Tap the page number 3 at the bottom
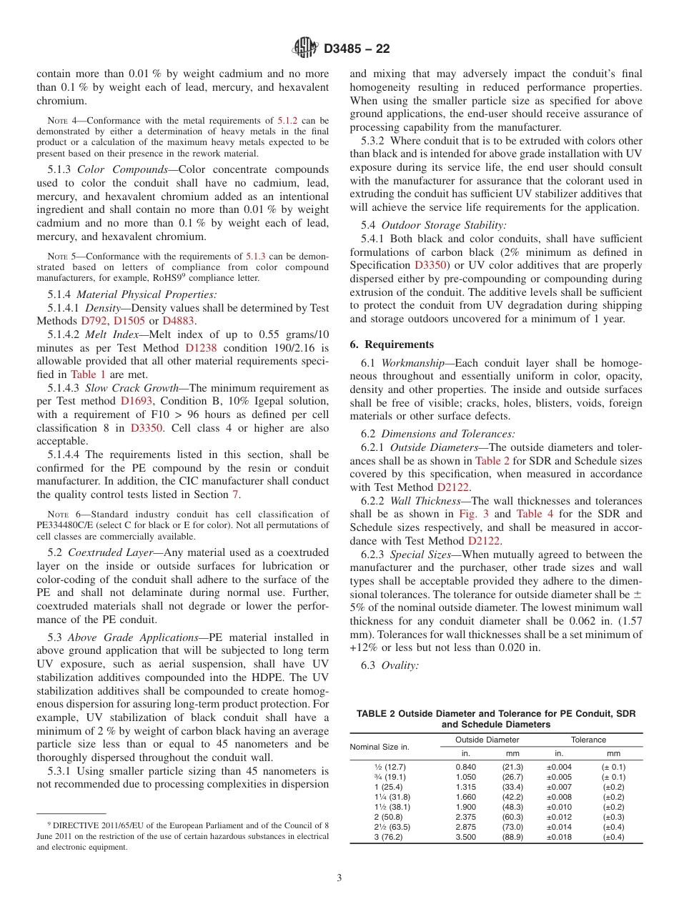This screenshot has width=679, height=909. (x=339, y=878)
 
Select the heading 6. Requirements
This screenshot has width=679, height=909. (x=392, y=344)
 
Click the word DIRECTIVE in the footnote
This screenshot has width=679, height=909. (x=71, y=825)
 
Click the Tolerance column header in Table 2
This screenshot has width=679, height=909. (x=588, y=740)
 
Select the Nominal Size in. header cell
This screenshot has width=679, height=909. (x=380, y=747)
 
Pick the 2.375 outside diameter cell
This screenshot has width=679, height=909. (x=465, y=816)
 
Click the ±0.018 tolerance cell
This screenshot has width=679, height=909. (x=559, y=837)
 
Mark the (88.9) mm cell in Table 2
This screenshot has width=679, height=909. (x=512, y=837)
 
